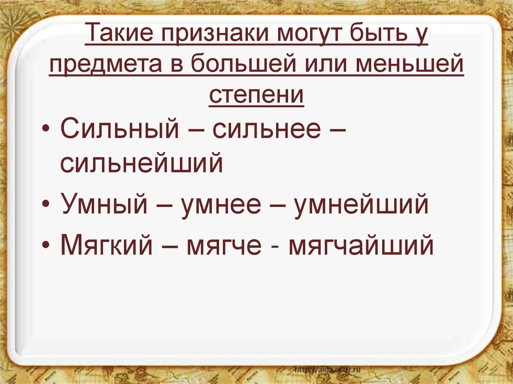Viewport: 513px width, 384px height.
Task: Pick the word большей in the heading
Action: click(231, 66)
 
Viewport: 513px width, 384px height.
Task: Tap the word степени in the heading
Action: click(256, 95)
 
